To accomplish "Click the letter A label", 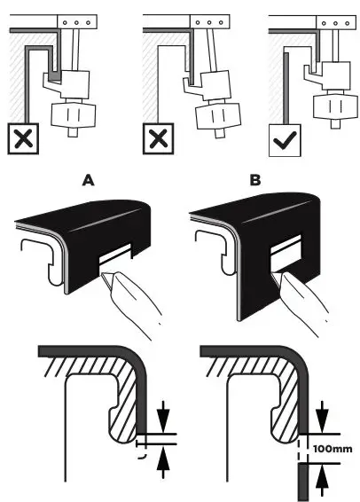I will point(88,180).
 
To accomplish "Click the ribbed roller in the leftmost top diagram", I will point(74,114).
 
